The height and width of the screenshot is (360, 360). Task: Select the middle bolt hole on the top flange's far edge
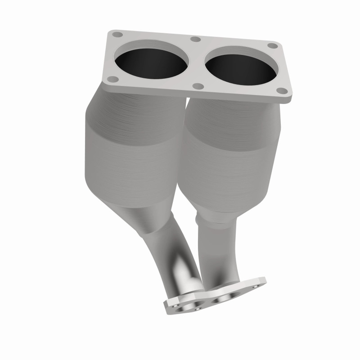pyautogui.click(x=195, y=39)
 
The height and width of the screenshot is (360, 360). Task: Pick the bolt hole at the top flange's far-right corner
pyautogui.click(x=272, y=45)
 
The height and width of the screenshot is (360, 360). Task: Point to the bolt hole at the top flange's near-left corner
pyautogui.click(x=114, y=79)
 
